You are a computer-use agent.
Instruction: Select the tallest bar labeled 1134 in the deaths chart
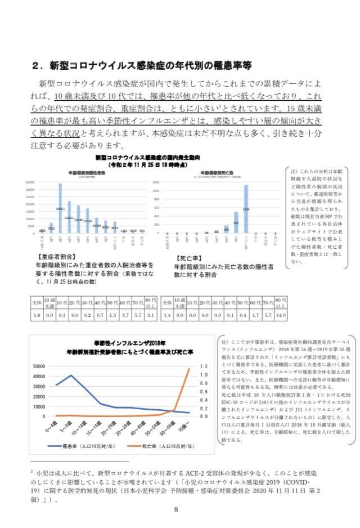tap(246, 209)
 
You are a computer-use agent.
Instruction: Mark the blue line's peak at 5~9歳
tap(71, 375)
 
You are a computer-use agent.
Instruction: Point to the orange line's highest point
tap(188, 369)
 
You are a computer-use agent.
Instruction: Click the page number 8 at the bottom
tap(176, 510)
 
